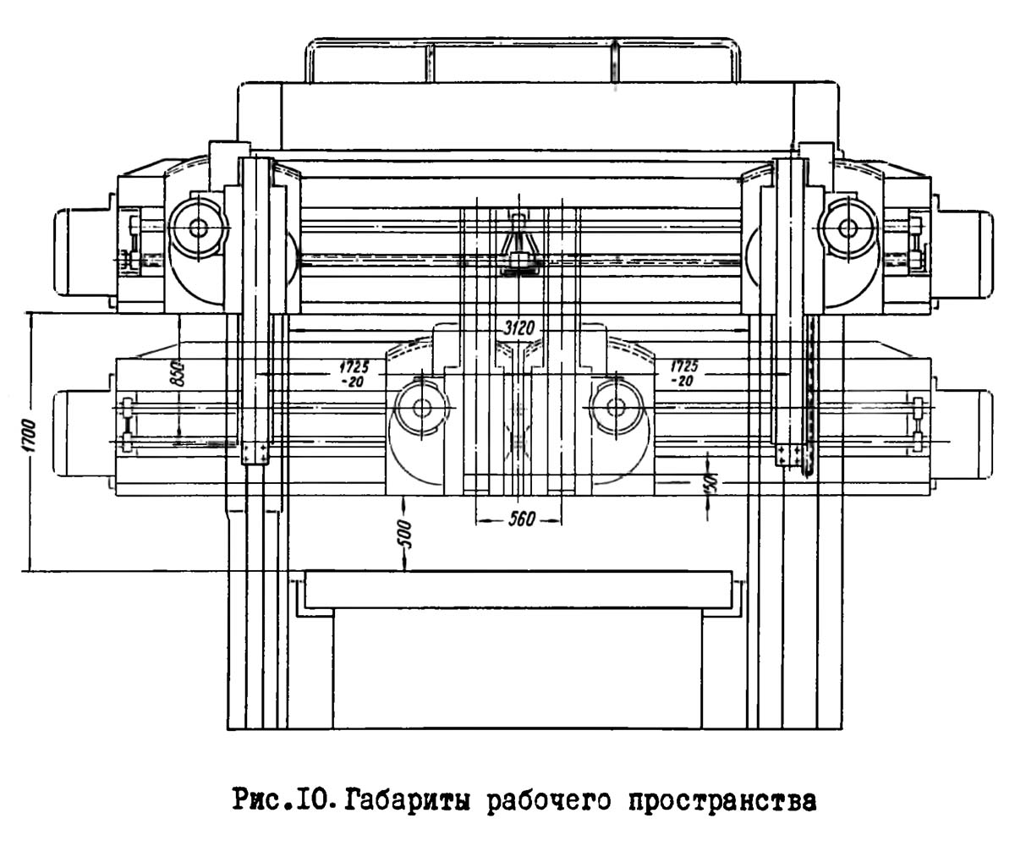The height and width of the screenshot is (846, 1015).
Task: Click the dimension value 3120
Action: (518, 328)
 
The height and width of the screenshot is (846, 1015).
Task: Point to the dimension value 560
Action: (521, 519)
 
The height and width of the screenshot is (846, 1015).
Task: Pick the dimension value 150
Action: (710, 484)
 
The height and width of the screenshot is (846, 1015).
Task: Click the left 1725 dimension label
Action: (354, 373)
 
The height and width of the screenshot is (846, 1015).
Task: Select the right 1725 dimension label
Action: (683, 373)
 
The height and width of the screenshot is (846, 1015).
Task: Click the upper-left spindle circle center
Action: (199, 227)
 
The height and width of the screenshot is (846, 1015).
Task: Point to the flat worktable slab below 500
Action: (518, 590)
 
